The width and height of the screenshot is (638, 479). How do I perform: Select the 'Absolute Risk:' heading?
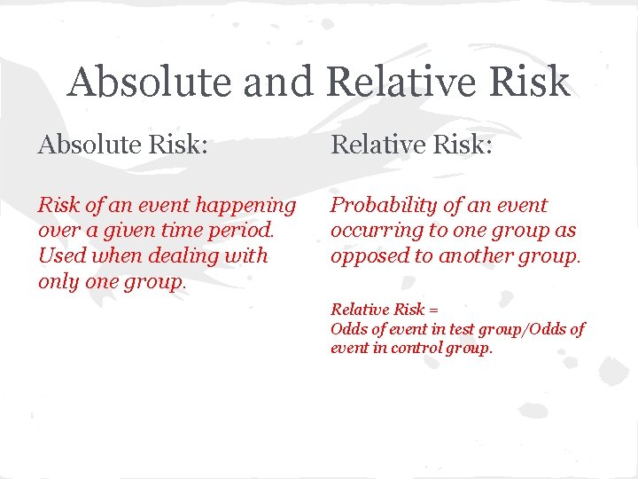point(123,144)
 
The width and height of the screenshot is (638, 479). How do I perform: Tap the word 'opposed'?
point(370,256)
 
